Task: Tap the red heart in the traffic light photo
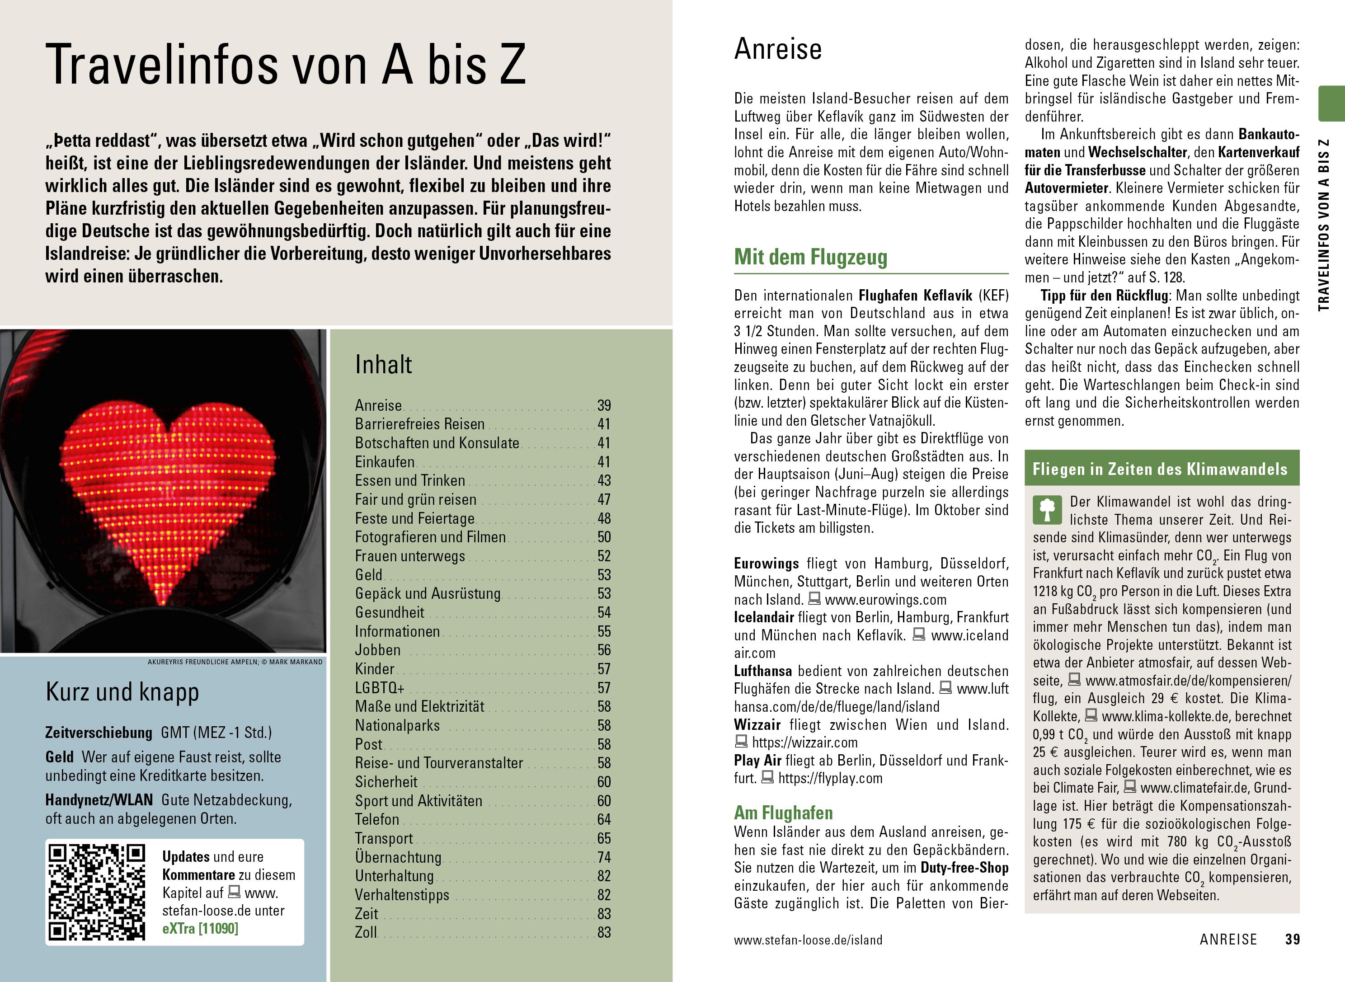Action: coord(168,493)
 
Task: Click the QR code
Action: coord(97,892)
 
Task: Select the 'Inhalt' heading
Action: coord(383,364)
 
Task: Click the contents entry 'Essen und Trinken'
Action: coord(410,480)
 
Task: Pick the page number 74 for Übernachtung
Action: coord(604,857)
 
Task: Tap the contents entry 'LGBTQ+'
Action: coord(380,688)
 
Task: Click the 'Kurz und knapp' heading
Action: coord(122,692)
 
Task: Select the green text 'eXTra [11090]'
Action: coord(200,929)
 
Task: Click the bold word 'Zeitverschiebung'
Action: coord(99,733)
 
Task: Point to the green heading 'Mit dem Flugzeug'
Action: coord(811,257)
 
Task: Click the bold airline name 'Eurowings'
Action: coord(766,563)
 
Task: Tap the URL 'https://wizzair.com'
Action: coord(805,742)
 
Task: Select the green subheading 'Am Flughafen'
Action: coord(783,812)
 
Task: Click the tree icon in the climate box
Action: coord(1047,509)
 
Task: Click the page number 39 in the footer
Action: coord(1292,939)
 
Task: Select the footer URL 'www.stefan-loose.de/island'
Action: coord(808,940)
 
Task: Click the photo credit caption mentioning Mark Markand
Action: coord(235,662)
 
